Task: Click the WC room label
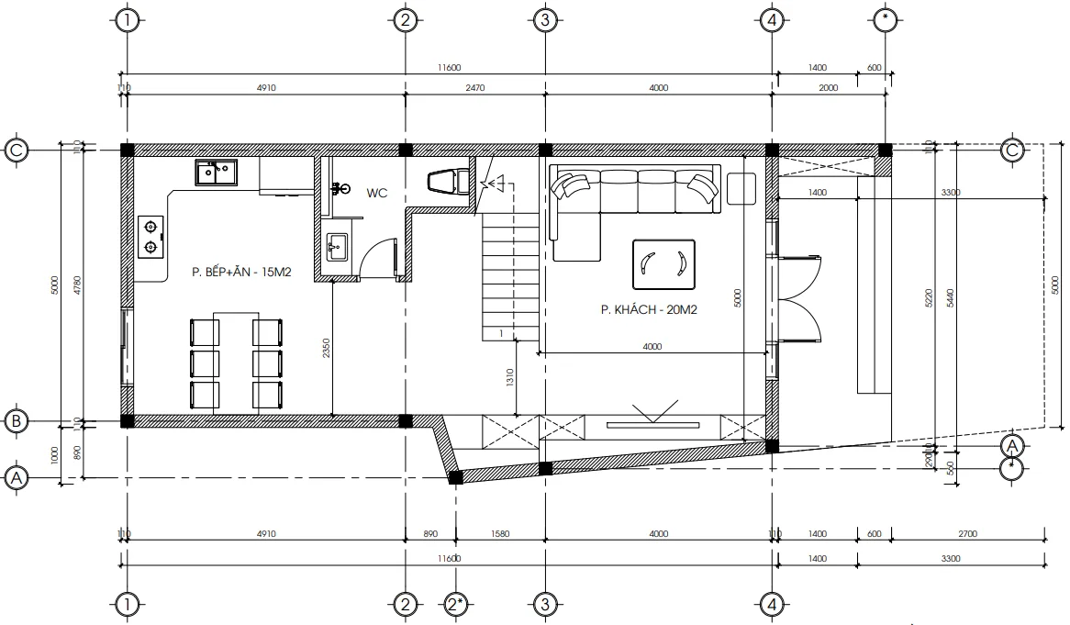[377, 193]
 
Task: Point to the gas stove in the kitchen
[150, 236]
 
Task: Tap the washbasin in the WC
[337, 246]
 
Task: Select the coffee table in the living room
[663, 263]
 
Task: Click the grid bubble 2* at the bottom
[456, 604]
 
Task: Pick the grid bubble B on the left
[17, 421]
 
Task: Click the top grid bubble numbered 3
[544, 19]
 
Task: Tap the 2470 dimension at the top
[474, 88]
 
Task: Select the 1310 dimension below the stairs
[510, 378]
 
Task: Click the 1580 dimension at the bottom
[500, 533]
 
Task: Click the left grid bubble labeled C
[17, 150]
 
